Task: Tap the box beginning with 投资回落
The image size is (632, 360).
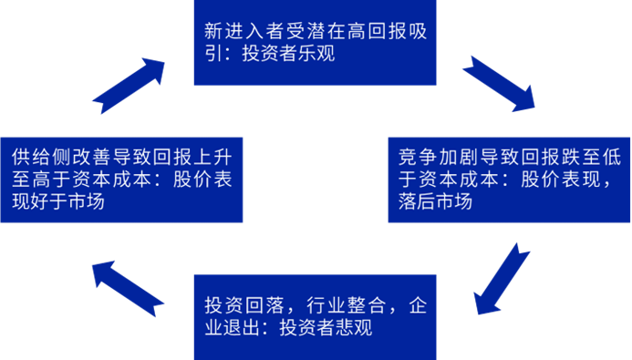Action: [x=315, y=315]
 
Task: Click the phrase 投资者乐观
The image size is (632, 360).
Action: [x=289, y=54]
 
